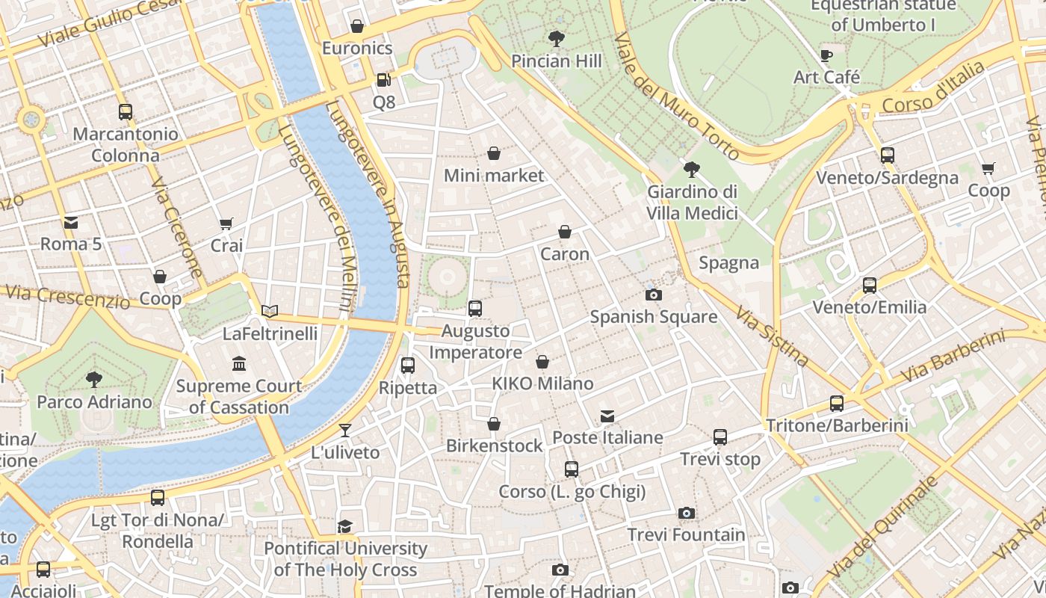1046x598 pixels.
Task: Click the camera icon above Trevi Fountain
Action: click(x=686, y=513)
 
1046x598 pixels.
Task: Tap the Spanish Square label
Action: click(x=654, y=317)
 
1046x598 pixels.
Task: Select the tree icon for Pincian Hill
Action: click(x=556, y=38)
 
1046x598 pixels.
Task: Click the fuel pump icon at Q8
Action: click(x=383, y=79)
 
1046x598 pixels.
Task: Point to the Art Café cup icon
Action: click(x=826, y=55)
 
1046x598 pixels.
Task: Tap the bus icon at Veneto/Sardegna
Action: click(x=887, y=155)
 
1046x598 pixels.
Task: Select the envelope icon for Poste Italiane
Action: click(x=607, y=416)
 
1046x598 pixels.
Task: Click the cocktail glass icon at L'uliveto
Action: click(x=344, y=430)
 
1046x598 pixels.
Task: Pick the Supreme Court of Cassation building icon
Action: click(x=239, y=364)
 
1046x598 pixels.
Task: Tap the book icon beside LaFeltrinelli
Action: click(x=270, y=311)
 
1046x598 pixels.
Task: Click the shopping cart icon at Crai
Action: click(x=226, y=224)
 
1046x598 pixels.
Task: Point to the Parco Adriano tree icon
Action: click(x=94, y=380)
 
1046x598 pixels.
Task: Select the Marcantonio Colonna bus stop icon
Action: click(x=126, y=112)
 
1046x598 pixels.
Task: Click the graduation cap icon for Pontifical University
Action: click(x=344, y=526)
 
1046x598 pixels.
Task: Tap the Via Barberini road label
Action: click(x=952, y=357)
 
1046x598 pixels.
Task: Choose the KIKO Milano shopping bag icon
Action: click(x=542, y=362)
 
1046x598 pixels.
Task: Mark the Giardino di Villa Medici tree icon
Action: click(x=692, y=170)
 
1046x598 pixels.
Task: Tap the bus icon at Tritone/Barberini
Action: click(x=836, y=404)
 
